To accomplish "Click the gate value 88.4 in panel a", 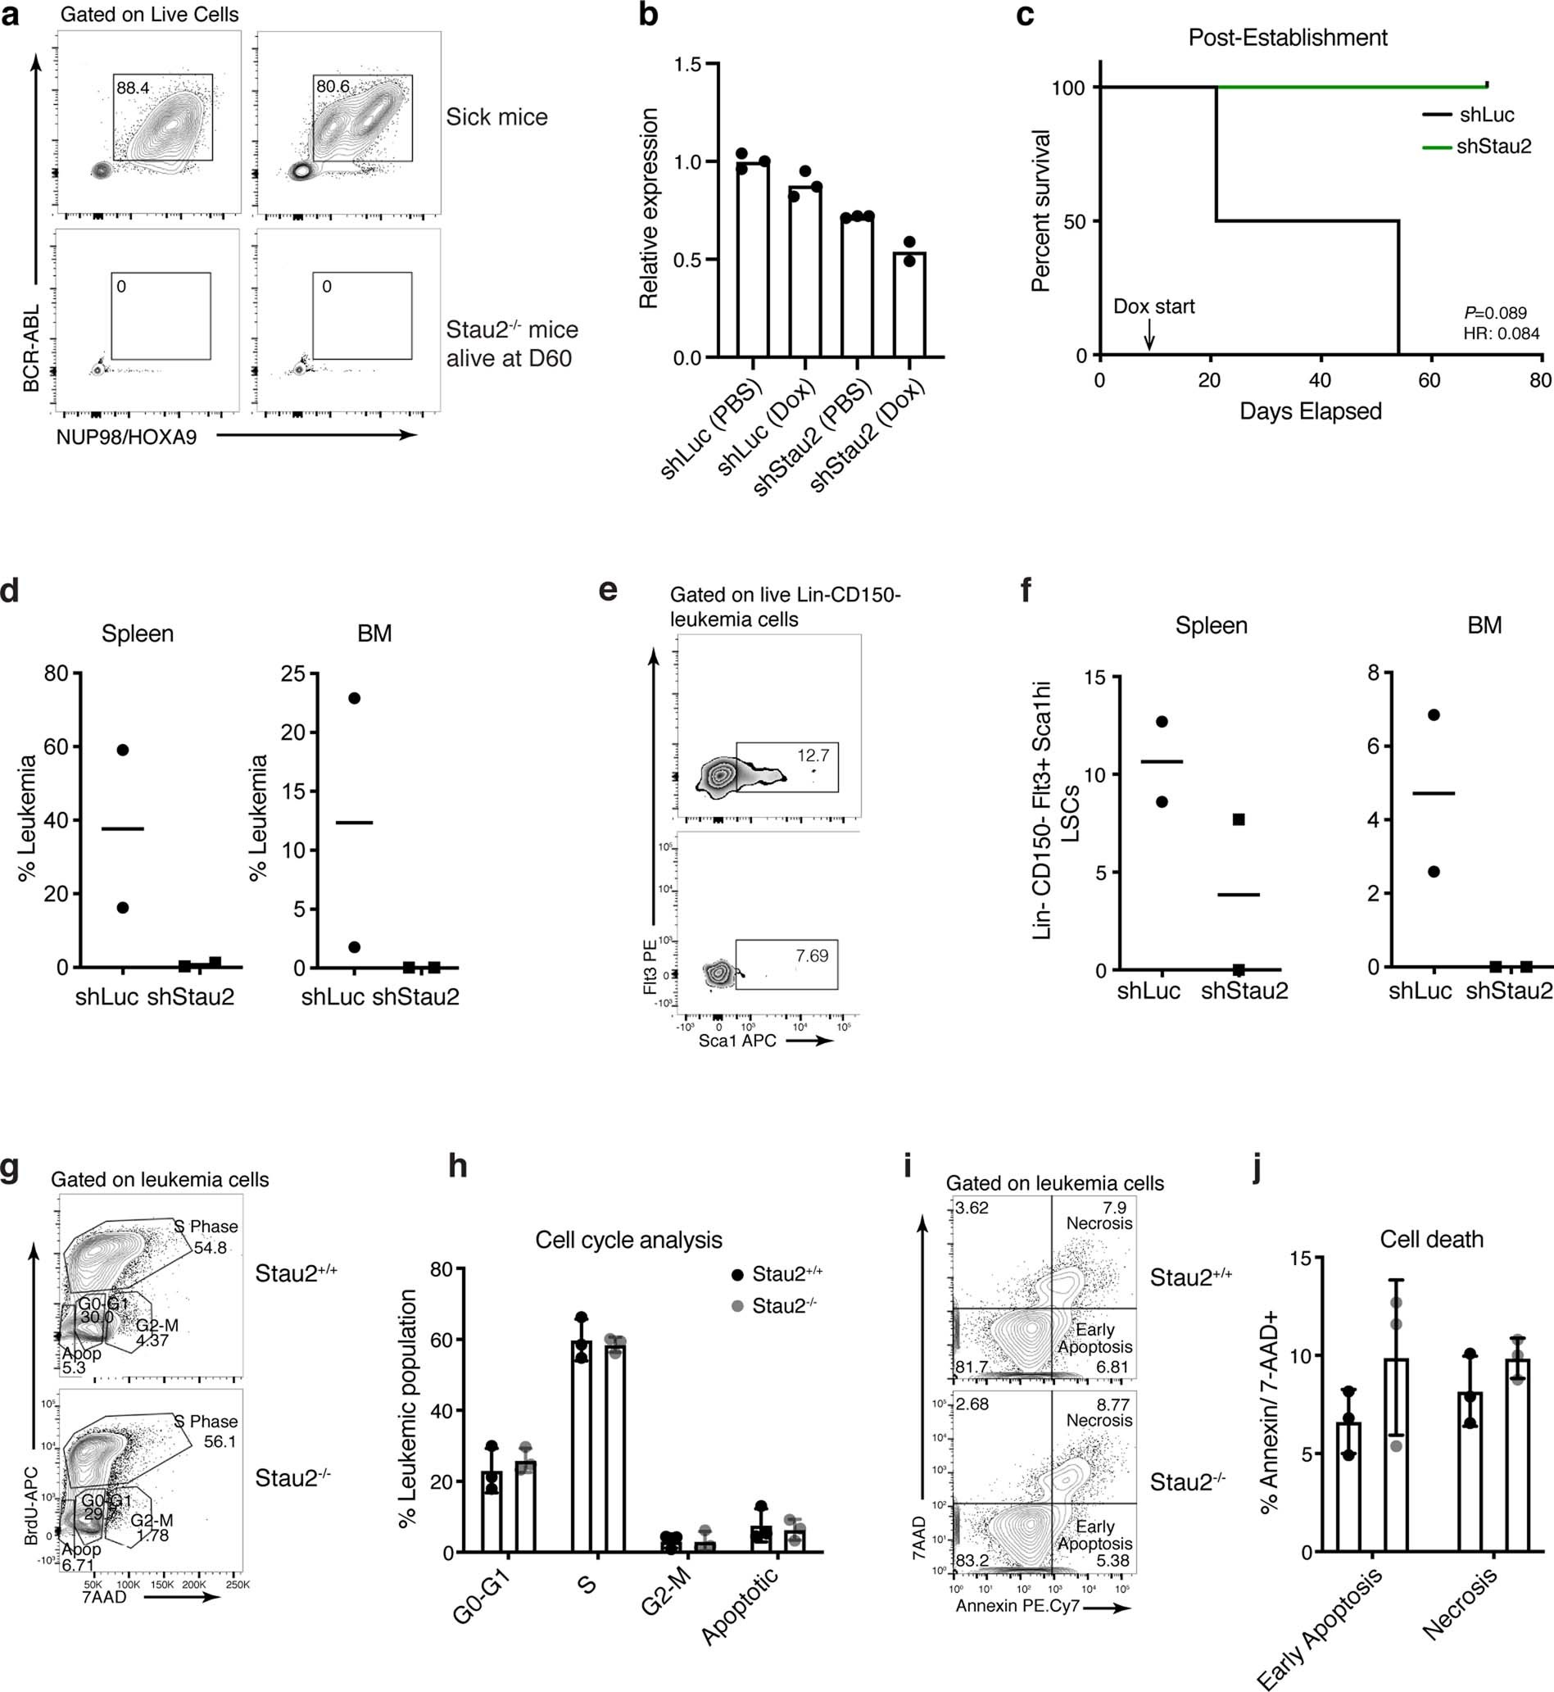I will (x=133, y=88).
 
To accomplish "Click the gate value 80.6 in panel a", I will (x=333, y=87).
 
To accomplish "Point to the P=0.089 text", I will (x=1495, y=314).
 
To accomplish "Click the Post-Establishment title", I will (x=1288, y=38).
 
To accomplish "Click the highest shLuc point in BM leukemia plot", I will (x=354, y=698).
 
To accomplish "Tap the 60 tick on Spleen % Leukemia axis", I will (x=57, y=746).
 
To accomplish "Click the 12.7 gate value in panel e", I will (x=813, y=755).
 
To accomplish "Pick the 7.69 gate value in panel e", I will (x=812, y=956).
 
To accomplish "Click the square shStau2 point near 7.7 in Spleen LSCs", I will (x=1239, y=819).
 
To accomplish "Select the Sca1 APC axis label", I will (x=736, y=1041).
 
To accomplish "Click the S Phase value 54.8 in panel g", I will (x=211, y=1248).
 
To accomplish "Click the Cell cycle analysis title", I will (x=629, y=1240).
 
